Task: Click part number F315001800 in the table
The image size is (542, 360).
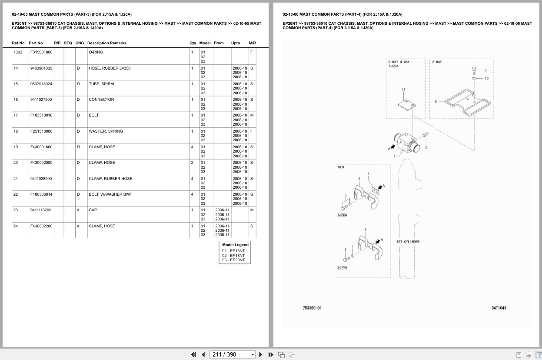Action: click(x=41, y=52)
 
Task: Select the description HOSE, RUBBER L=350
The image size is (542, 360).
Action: click(x=110, y=68)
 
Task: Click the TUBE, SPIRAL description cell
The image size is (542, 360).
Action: click(x=102, y=84)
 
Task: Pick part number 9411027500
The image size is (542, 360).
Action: click(x=41, y=100)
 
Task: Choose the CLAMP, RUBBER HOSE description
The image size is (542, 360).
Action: click(x=110, y=179)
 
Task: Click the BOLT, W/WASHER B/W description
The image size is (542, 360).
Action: click(x=110, y=194)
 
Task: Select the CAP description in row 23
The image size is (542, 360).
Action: click(x=93, y=210)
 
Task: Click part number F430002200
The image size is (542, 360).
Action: click(x=41, y=226)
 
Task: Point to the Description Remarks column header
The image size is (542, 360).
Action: click(x=106, y=43)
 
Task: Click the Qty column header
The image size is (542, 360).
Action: click(x=193, y=43)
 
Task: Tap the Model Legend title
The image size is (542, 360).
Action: click(x=235, y=245)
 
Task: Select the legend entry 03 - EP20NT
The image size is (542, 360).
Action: click(x=233, y=260)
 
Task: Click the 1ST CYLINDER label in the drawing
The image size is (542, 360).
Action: click(x=408, y=242)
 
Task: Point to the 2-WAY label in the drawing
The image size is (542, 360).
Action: click(x=437, y=62)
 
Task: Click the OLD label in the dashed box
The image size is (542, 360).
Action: click(x=341, y=167)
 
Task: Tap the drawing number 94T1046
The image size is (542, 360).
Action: click(x=499, y=308)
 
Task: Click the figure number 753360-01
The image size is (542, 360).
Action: click(x=312, y=308)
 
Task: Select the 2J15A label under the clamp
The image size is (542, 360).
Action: click(x=342, y=267)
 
